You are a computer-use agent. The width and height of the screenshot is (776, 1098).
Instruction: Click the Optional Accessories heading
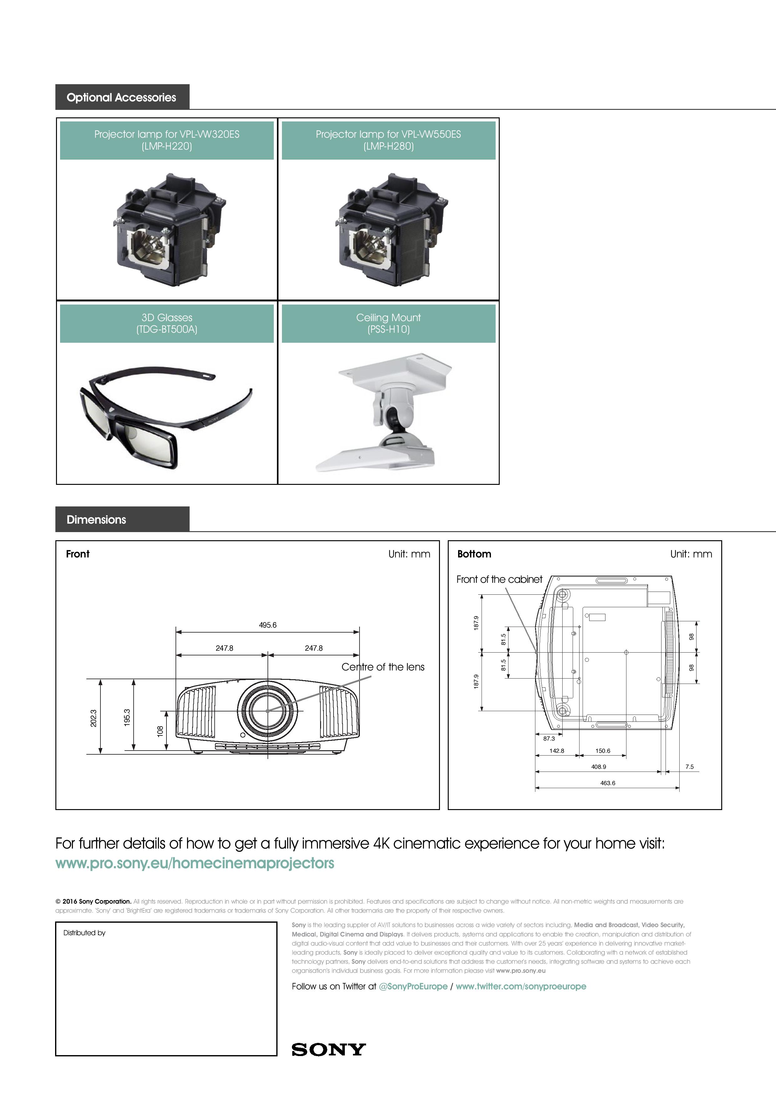(x=121, y=98)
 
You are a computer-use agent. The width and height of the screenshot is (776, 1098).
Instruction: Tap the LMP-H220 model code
(x=166, y=146)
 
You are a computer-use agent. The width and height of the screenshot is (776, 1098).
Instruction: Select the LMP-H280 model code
(x=388, y=146)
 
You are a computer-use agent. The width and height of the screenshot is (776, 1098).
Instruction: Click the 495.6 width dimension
(x=268, y=625)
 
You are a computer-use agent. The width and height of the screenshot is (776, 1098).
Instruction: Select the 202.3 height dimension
(x=94, y=718)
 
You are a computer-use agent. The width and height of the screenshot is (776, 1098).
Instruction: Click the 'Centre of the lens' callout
(x=382, y=667)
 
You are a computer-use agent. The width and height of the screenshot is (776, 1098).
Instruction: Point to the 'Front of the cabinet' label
(x=499, y=580)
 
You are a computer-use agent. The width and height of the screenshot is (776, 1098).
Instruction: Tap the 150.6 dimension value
(x=603, y=751)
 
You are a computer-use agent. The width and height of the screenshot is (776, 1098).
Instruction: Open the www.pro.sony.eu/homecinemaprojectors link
(x=195, y=863)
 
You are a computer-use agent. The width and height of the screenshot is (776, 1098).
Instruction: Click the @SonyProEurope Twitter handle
(x=413, y=987)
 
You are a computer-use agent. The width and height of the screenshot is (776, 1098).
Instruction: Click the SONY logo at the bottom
(x=329, y=1050)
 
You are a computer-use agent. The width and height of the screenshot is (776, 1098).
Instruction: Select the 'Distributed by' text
(x=84, y=933)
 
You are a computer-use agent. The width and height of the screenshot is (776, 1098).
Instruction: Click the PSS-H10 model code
(x=388, y=330)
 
